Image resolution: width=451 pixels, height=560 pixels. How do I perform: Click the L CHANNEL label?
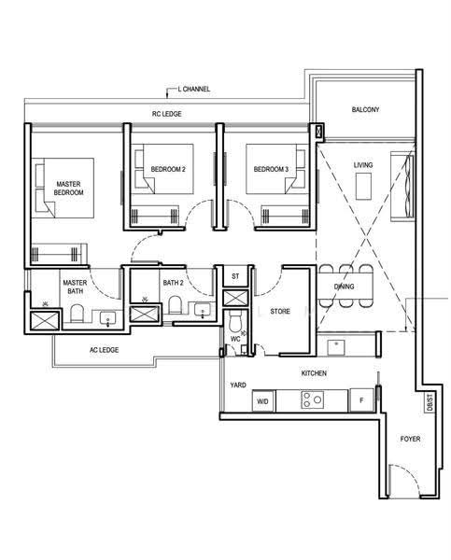coord(193,89)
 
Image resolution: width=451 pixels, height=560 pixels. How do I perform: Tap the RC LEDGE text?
coord(167,114)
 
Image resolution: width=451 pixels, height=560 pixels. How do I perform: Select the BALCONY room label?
coord(365,109)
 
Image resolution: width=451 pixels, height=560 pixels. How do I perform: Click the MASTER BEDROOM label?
coord(68,189)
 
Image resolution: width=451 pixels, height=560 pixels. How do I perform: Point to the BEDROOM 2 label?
coord(168,169)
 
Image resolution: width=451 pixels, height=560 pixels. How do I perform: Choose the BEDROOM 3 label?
coord(271,169)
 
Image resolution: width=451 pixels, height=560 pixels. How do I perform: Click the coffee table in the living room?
coord(364,187)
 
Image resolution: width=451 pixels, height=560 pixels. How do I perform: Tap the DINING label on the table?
coord(345,287)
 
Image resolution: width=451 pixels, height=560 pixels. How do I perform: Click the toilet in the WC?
coord(235,321)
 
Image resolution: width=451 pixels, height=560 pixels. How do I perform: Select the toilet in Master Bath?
coord(77,314)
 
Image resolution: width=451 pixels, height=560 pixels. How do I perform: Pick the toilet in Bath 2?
coord(175,304)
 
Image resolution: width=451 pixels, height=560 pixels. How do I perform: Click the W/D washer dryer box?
coord(263,401)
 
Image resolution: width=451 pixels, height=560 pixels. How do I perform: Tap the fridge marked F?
coord(361,400)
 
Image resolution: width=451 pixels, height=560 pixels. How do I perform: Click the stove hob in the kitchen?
coord(313,399)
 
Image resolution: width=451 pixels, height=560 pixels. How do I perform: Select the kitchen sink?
coord(336,347)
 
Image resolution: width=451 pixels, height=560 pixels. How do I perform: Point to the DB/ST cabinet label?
coord(430,402)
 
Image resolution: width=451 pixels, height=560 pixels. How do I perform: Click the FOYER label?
coord(410,439)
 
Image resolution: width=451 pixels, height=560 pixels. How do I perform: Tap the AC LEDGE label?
coord(104,350)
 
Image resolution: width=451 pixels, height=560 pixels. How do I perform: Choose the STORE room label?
coord(280,312)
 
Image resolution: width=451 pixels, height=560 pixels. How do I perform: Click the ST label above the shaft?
coord(235,276)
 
